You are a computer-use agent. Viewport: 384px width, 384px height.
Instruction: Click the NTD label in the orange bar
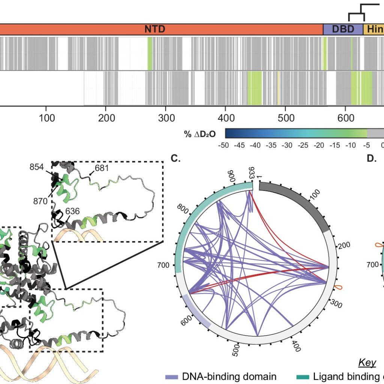coord(155,29)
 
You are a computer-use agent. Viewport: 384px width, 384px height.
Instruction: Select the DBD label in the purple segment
coord(343,29)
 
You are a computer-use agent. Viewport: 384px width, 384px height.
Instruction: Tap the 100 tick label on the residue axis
coord(46,118)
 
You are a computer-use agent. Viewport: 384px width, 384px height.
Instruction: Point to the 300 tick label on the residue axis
coord(166,118)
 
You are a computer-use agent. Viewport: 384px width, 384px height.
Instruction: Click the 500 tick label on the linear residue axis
coord(286,118)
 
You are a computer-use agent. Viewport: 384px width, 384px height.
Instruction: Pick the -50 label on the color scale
coord(223,145)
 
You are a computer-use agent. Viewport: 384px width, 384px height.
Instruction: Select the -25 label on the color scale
coord(303,145)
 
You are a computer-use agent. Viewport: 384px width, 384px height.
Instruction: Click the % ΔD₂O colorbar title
coord(199,134)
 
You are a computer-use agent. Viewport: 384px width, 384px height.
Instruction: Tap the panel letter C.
coord(175,159)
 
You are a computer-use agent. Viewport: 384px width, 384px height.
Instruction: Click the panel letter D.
coord(372,159)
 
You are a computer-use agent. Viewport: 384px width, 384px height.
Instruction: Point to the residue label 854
coord(36,167)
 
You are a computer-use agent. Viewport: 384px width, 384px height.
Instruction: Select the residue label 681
coord(102,168)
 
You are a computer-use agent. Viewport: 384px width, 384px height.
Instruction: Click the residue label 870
coord(40,201)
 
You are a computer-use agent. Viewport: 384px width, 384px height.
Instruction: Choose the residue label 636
coord(72,211)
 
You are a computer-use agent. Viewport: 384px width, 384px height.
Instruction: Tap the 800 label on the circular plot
coord(183,209)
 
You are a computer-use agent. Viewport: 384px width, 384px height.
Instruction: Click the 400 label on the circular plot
coord(296,346)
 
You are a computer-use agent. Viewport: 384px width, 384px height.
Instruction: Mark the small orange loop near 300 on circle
coord(338,288)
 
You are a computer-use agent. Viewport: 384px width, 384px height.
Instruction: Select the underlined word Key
coord(367,363)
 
